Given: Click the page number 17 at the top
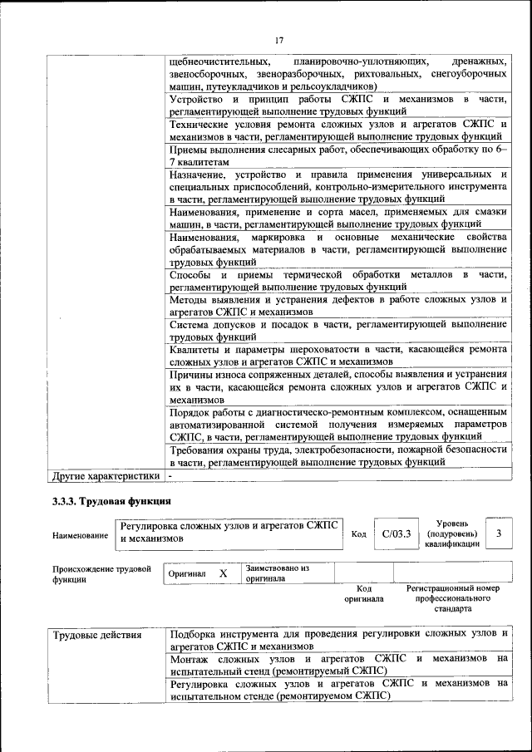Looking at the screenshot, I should click(279, 39).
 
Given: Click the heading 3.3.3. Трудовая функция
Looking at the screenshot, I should click(111, 501).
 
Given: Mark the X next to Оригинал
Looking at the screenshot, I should click(223, 573).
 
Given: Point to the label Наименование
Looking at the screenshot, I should click(80, 535).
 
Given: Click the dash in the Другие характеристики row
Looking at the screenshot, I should click(170, 476).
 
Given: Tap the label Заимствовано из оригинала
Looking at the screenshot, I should click(277, 573).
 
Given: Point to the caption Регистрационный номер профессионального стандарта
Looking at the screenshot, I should click(452, 597).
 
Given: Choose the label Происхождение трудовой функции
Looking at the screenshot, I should click(101, 574).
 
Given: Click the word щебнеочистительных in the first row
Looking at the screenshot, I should click(219, 61).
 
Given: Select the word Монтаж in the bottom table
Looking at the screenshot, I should click(190, 658).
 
